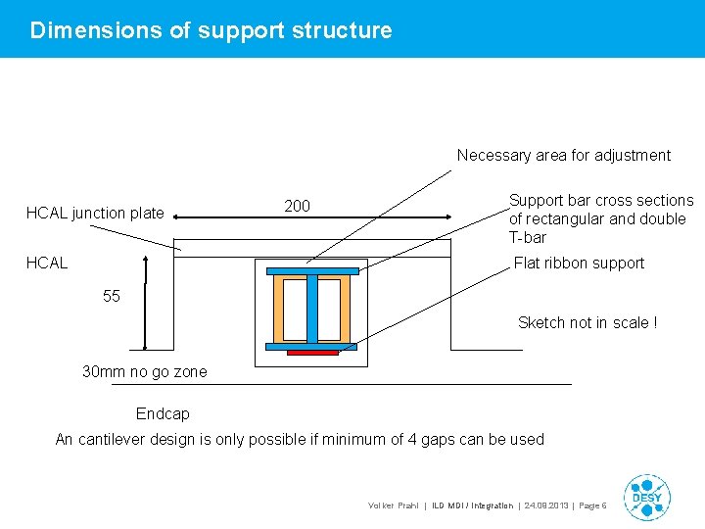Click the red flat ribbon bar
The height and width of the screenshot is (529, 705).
click(x=312, y=352)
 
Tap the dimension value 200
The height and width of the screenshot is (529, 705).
click(x=298, y=206)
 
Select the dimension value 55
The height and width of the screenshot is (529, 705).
click(x=112, y=296)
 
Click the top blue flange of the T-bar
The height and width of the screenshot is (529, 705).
click(x=312, y=270)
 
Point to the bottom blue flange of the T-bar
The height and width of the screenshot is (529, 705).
click(x=312, y=346)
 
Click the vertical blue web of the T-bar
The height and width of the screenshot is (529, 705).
click(x=312, y=308)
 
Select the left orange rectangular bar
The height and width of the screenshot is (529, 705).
click(x=290, y=308)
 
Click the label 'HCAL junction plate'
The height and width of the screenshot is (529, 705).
click(x=95, y=213)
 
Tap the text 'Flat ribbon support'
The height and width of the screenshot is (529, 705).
click(x=579, y=263)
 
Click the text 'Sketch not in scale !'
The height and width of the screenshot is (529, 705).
click(x=587, y=322)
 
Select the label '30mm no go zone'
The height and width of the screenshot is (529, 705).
click(x=145, y=371)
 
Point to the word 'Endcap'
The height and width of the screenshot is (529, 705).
click(x=163, y=413)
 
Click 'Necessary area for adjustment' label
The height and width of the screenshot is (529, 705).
click(x=564, y=155)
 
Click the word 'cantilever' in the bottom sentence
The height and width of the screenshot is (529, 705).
click(x=115, y=439)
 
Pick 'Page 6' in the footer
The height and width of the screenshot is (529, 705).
click(x=593, y=505)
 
